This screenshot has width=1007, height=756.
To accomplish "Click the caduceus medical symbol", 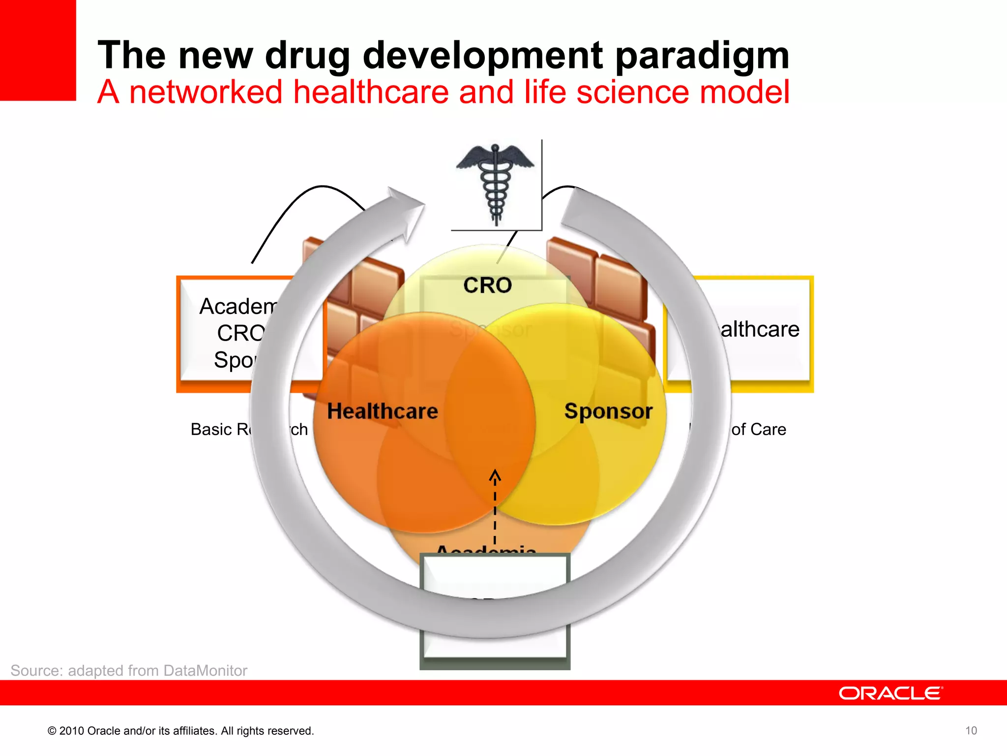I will pyautogui.click(x=496, y=185).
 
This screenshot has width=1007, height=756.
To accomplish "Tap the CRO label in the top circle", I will pyautogui.click(x=487, y=285).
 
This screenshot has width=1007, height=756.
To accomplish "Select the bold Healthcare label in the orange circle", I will pyautogui.click(x=382, y=411).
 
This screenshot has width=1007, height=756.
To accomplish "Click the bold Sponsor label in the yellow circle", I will pyautogui.click(x=608, y=411).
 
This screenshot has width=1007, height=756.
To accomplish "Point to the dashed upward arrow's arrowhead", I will pyautogui.click(x=495, y=475).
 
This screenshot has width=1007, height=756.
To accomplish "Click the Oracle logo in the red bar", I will pyautogui.click(x=890, y=693).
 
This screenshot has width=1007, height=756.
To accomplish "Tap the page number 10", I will pyautogui.click(x=971, y=730).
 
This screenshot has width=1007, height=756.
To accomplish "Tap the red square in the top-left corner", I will pyautogui.click(x=37, y=49).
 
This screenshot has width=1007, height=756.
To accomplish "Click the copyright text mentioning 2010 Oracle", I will pyautogui.click(x=180, y=731).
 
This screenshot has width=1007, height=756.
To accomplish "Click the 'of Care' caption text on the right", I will pyautogui.click(x=758, y=429).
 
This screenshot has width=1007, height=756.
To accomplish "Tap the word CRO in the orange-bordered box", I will pyautogui.click(x=240, y=333).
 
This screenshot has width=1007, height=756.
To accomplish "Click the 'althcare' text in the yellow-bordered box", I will pyautogui.click(x=760, y=329).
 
